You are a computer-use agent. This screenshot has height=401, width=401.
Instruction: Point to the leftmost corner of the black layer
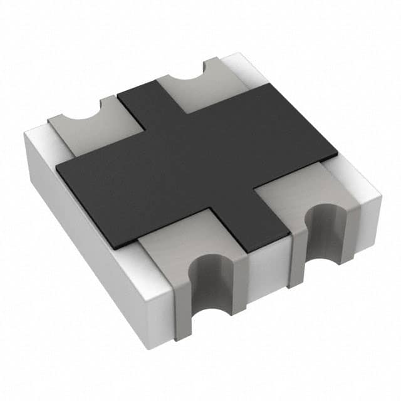58,167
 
